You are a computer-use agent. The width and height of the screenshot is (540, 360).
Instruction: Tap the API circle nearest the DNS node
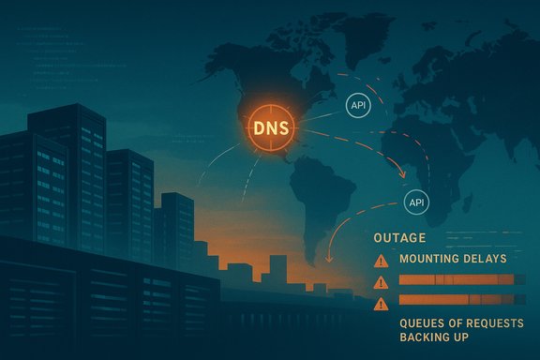(357, 104)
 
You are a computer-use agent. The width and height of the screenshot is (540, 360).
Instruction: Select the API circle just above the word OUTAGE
(415, 201)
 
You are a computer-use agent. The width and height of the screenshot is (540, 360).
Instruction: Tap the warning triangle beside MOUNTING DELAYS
(382, 260)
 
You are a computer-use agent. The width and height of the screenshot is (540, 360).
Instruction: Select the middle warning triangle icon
(382, 281)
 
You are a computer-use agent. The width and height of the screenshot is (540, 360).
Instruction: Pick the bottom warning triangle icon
(382, 303)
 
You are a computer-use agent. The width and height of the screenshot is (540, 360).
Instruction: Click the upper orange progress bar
(457, 280)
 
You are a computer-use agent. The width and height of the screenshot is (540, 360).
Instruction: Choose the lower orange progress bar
(457, 301)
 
